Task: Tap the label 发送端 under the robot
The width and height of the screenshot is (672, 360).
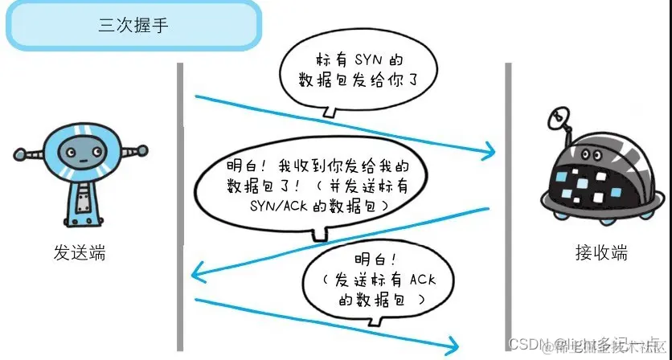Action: [79, 254]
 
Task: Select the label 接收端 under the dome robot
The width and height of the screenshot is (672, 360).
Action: [600, 254]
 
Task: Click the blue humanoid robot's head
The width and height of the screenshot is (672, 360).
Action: [78, 149]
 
